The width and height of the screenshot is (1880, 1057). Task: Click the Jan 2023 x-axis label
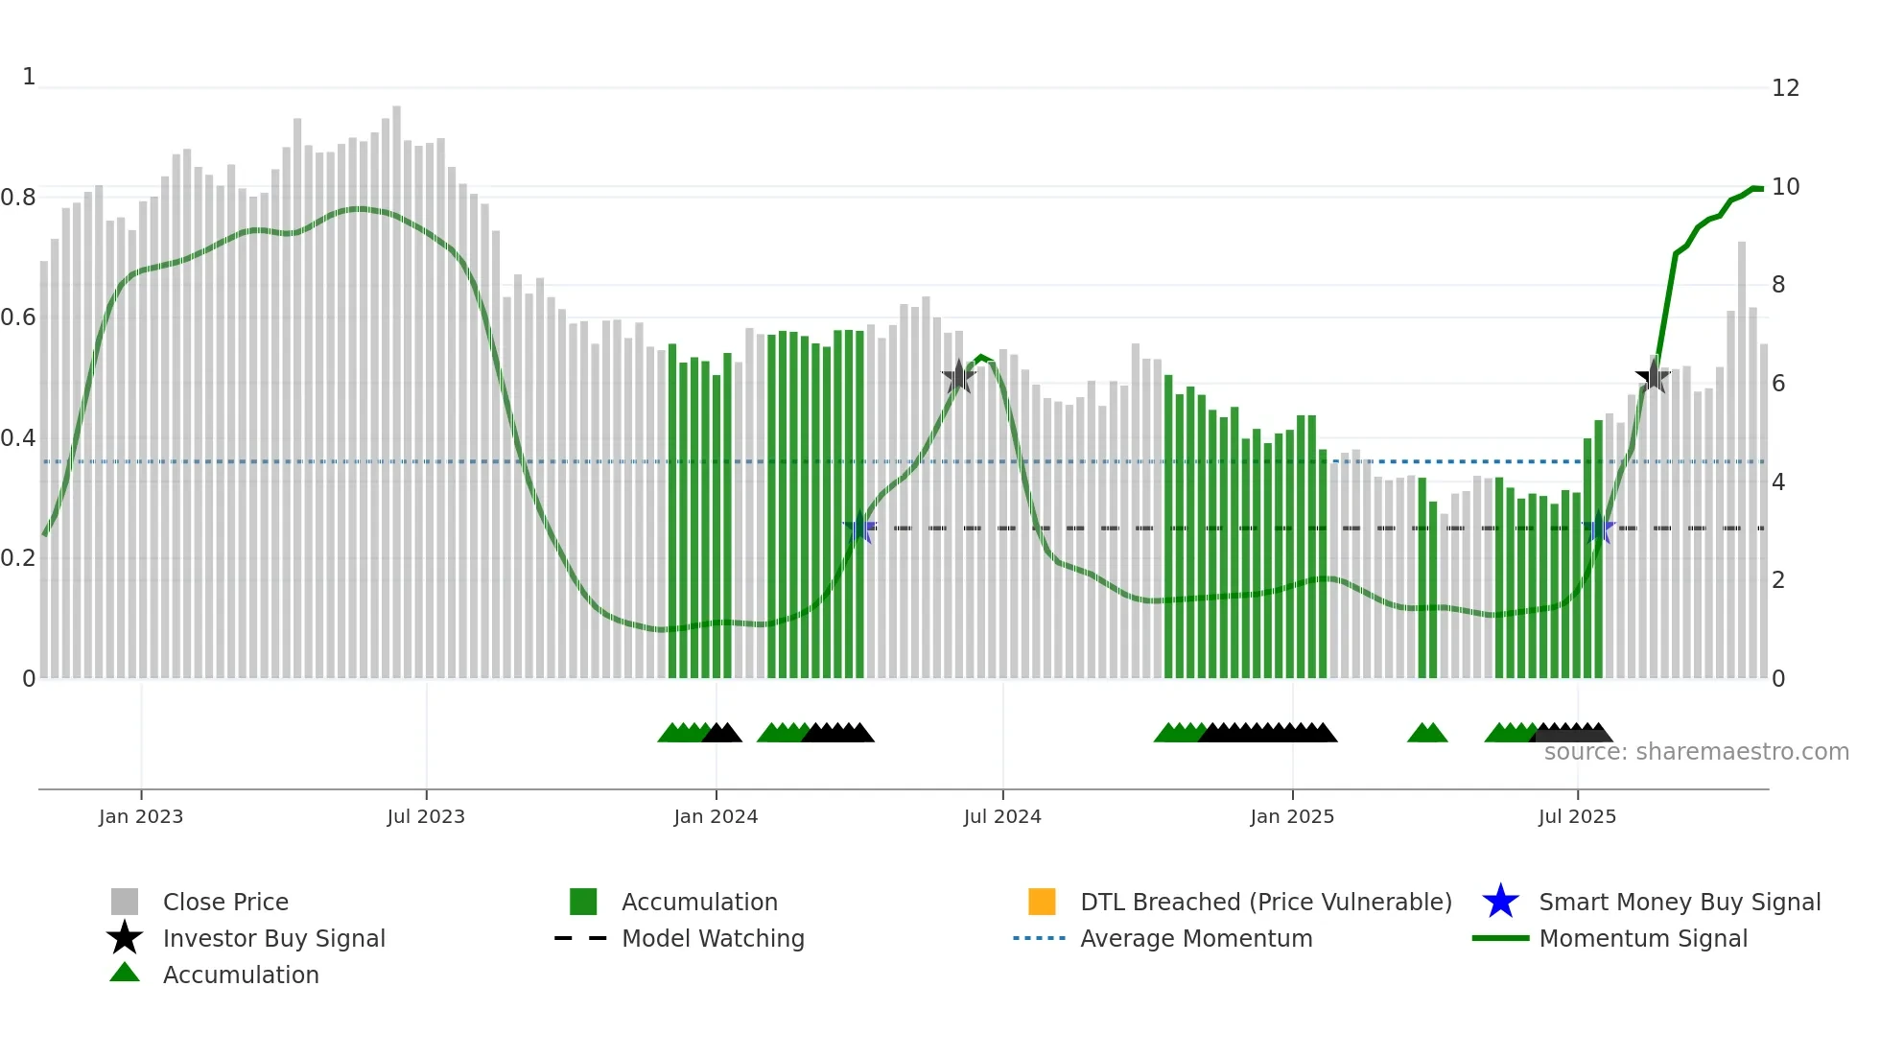[x=141, y=816]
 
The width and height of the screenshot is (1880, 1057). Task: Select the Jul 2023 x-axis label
[x=426, y=816]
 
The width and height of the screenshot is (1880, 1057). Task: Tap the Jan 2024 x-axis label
[x=716, y=816]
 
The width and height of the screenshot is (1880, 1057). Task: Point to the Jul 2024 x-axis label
[x=1002, y=816]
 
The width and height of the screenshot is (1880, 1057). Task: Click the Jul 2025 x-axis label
[x=1577, y=816]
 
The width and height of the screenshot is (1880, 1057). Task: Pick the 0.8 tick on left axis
[x=18, y=198]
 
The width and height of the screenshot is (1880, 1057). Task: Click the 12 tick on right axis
[x=1785, y=88]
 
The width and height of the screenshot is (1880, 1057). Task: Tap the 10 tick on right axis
[x=1785, y=187]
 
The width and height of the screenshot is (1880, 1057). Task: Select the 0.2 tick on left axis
[x=18, y=558]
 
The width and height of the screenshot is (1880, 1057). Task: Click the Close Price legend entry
[x=225, y=902]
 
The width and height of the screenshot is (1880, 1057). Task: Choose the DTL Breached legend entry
[x=1265, y=902]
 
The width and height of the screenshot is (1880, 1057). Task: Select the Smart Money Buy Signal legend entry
[x=1679, y=902]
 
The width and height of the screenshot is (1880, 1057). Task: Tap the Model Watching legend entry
[x=713, y=938]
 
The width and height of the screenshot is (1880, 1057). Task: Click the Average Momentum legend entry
[x=1196, y=938]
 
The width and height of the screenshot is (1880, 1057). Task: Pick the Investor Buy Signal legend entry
[x=273, y=938]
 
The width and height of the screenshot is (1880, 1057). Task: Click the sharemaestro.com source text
[x=1696, y=752]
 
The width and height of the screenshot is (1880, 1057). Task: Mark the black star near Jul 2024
[x=958, y=377]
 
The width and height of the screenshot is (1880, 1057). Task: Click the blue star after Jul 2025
[x=1598, y=528]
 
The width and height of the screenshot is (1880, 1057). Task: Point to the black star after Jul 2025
[x=1653, y=377]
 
